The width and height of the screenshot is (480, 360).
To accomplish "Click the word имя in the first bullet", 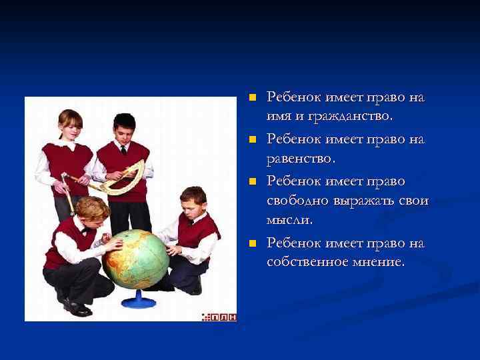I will [x=279, y=117].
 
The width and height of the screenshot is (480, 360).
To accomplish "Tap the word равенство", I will [x=301, y=159].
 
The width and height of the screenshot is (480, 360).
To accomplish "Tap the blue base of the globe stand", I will [x=139, y=301].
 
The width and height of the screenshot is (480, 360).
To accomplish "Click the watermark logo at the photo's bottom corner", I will [x=219, y=316].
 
